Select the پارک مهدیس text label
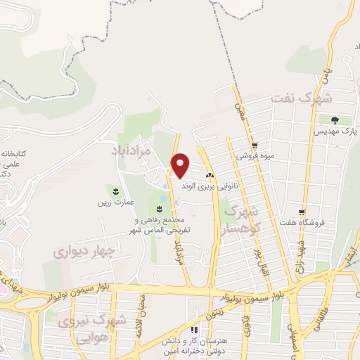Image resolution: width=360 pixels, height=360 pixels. pos(337,131)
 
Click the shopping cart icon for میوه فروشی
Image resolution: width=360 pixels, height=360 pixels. pos(264,146)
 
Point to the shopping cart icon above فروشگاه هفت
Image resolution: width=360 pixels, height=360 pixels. pos(302,212)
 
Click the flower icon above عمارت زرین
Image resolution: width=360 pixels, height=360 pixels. pos(115,191)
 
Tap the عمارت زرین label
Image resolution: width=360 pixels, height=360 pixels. pos(115,202)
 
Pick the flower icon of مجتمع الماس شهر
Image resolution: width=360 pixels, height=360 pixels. pos(160,209)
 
